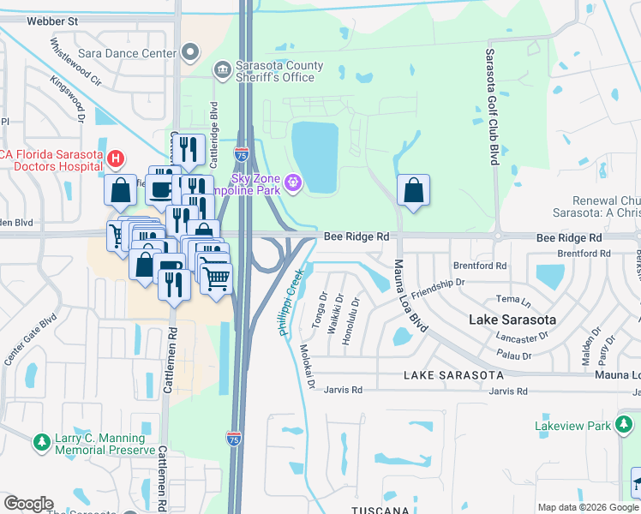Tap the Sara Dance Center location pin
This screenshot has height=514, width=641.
(x=190, y=53)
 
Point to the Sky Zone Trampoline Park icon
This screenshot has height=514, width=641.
(x=294, y=182)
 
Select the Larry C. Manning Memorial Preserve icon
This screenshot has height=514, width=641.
(x=40, y=442)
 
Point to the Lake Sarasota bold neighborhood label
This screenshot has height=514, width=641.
(x=512, y=320)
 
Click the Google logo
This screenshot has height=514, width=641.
(x=29, y=504)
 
